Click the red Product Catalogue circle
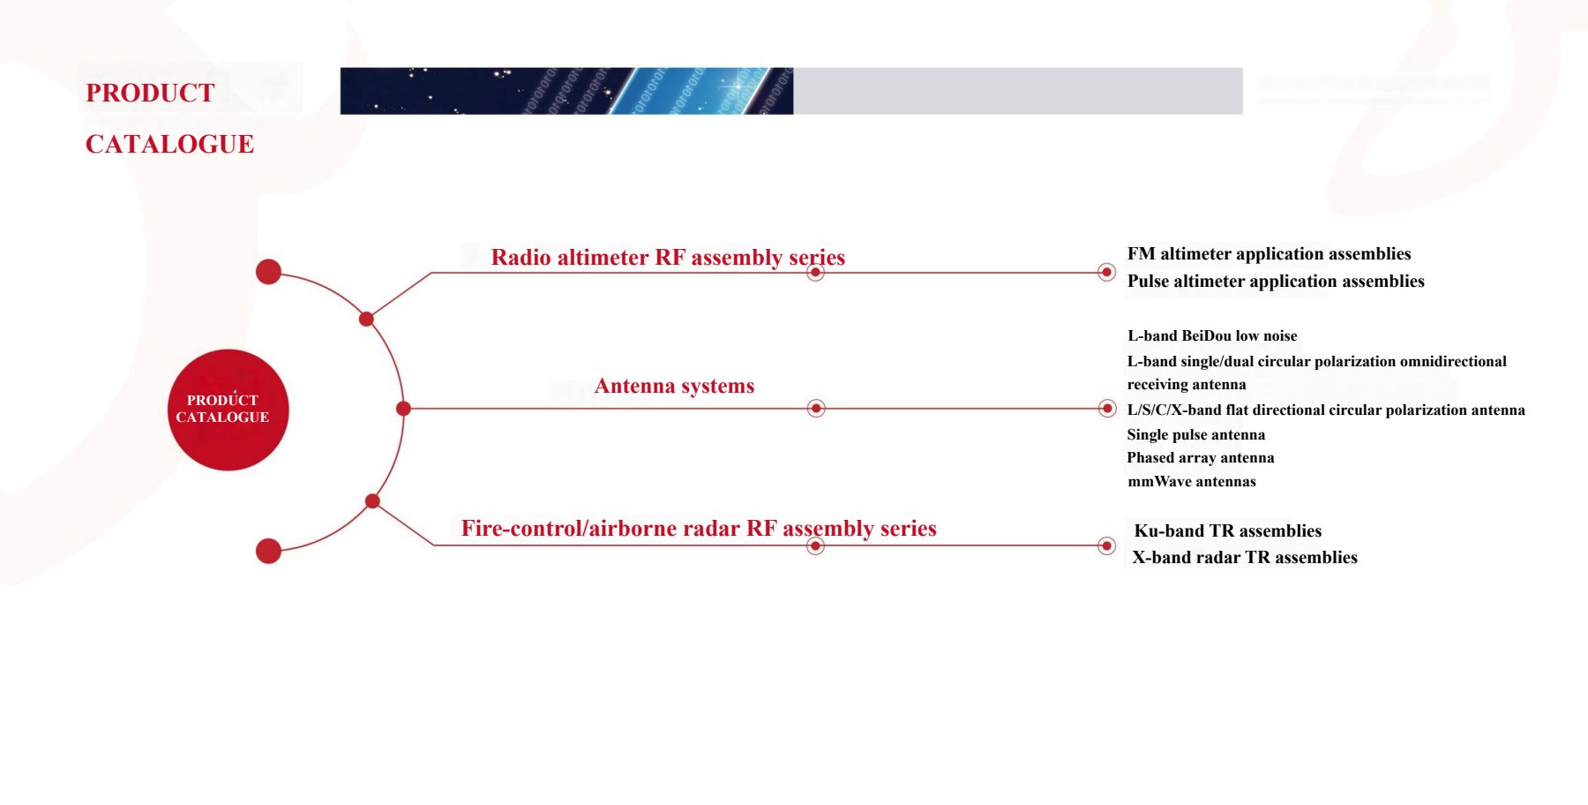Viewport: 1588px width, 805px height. tap(228, 410)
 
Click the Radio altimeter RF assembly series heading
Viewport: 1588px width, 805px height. tap(668, 257)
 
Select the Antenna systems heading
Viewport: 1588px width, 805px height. tap(674, 386)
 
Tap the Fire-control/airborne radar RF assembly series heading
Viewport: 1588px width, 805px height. tap(699, 528)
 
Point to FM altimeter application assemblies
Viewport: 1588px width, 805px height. tap(1269, 254)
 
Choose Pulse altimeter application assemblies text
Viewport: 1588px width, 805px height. tap(1276, 282)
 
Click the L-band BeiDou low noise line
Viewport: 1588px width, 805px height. tap(1212, 335)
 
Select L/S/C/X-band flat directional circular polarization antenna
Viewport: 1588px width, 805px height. tap(1326, 410)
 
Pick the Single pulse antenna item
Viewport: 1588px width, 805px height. tap(1195, 434)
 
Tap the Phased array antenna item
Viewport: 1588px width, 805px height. tap(1200, 457)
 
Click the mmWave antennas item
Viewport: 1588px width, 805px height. tap(1191, 481)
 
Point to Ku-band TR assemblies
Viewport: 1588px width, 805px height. tap(1227, 530)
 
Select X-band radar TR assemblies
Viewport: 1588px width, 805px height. tap(1244, 557)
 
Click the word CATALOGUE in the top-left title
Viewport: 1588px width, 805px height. tap(169, 144)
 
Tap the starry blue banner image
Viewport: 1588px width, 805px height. tap(566, 91)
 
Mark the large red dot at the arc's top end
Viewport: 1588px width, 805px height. tap(268, 272)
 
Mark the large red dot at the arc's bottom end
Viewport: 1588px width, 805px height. tap(268, 551)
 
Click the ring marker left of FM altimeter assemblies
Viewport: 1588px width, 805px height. tap(1106, 272)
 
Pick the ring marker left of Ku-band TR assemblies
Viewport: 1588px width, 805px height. tap(1106, 545)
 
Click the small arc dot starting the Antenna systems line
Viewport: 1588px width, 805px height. tap(403, 409)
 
